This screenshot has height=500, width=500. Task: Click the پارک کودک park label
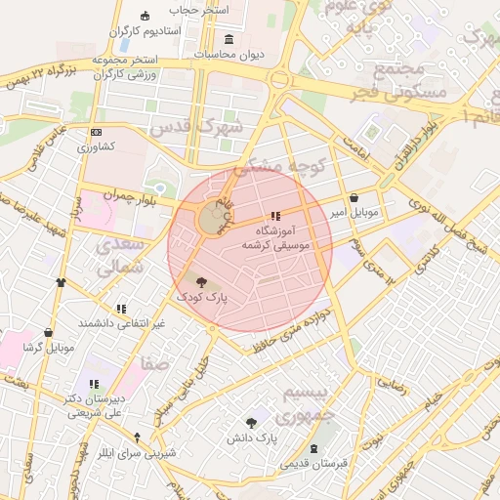point(201,294)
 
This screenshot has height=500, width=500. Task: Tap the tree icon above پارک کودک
point(201,281)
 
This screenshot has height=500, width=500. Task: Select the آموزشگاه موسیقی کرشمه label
point(281,237)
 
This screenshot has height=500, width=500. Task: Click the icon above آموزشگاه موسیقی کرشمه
point(275,216)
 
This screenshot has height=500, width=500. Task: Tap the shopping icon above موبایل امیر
point(353,197)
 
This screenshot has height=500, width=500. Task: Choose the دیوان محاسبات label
point(229,55)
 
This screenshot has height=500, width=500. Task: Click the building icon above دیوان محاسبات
point(229,39)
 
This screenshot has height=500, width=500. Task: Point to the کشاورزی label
point(97,146)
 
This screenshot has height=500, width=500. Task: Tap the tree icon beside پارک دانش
point(251,424)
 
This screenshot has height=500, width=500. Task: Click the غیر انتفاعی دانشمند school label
point(121,322)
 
